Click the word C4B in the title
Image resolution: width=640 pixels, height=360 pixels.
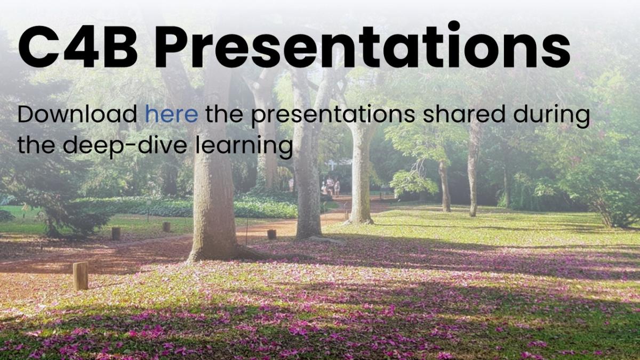78,46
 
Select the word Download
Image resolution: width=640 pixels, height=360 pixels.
77,114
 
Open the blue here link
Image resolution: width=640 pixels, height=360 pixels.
171,114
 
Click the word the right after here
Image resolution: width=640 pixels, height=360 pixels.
225,114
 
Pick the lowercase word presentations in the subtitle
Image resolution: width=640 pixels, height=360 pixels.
333,115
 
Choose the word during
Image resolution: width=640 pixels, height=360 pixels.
551,116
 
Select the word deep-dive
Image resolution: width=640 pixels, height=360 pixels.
125,146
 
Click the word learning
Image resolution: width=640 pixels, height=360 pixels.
244,146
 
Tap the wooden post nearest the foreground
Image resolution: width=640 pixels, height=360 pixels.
81,276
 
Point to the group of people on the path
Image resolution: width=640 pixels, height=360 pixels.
330,186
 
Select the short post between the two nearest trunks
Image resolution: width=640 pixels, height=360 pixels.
271,234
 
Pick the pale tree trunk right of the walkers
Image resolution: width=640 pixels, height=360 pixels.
361,171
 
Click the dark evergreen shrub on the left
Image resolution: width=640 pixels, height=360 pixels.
77,217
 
